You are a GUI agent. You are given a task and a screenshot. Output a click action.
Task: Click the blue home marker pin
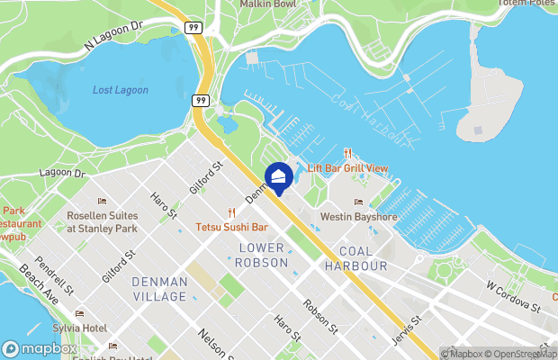point(278,177)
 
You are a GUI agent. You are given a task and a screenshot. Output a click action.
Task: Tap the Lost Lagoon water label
point(121,90)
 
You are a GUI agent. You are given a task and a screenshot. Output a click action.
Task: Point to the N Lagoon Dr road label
point(113,35)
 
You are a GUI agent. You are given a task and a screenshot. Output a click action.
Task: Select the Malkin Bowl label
point(268,4)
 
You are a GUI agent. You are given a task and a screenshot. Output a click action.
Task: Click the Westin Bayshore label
point(359,217)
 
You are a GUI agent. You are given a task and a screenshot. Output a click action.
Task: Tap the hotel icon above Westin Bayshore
point(359,202)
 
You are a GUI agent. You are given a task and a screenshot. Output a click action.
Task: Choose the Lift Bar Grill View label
point(347,168)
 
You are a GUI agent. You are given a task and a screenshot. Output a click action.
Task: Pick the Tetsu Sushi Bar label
point(234,228)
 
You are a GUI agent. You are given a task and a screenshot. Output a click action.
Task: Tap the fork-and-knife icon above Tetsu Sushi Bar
point(231,213)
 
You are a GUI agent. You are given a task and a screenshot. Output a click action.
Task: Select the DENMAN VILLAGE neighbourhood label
point(159,289)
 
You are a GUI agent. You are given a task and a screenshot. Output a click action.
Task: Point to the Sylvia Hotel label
point(80,328)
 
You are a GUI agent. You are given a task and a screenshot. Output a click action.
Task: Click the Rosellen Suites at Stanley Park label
point(102,222)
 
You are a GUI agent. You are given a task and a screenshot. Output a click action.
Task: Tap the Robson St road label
point(320,315)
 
